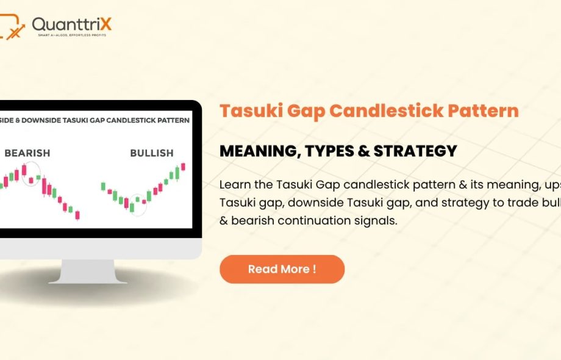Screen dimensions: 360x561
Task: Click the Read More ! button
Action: pos(282,269)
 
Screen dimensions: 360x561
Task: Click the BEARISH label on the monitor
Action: pos(27,153)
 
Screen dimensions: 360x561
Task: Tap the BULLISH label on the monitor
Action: pos(151,153)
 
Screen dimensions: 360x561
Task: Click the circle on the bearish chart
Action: pos(31,174)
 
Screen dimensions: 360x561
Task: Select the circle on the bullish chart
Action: pos(138,203)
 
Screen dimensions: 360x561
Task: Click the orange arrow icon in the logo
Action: pos(15,30)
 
